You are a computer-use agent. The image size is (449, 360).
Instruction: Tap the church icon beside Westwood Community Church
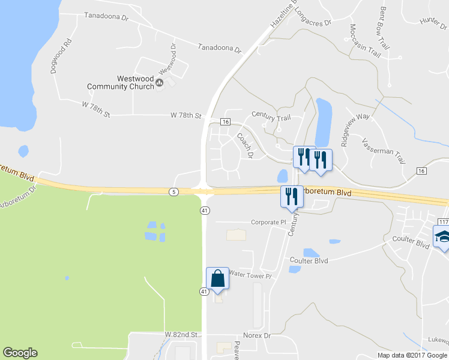point(159,83)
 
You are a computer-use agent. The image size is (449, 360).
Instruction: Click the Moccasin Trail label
point(364,41)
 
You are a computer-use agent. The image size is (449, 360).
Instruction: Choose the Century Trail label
point(271,115)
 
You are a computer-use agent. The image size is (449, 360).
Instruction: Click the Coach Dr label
point(246,145)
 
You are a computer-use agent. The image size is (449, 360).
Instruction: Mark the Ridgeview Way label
point(355,127)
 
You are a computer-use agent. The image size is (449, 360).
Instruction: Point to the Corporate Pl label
point(268,222)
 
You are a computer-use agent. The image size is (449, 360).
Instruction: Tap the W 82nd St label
point(181,334)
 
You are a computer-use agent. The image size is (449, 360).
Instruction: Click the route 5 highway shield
point(173,191)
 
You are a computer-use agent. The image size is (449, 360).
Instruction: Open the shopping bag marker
point(217,279)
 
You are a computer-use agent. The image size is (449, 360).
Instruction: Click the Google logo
point(20,353)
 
